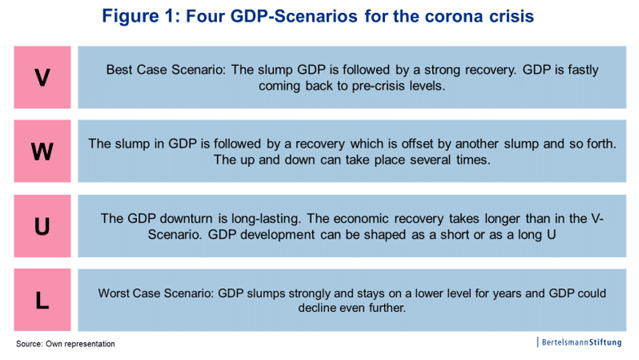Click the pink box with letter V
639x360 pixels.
pos(43,77)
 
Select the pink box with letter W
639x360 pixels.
pos(43,151)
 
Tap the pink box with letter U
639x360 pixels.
pos(43,226)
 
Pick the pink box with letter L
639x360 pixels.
pos(43,300)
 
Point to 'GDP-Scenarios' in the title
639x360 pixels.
pos(294,16)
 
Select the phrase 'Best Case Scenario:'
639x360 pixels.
pos(165,70)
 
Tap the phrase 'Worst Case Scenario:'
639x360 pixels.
pos(156,293)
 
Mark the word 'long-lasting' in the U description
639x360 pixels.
pos(266,218)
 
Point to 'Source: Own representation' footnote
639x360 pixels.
pos(66,344)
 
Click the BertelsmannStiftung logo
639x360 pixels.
pos(579,342)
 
